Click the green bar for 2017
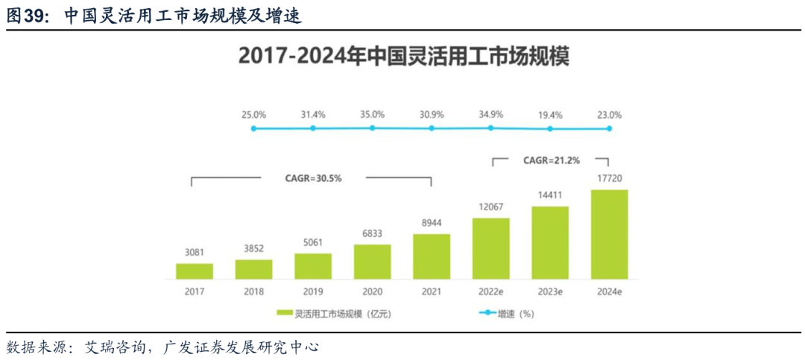[x=195, y=271]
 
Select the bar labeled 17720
[x=609, y=234]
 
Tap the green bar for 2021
[x=432, y=256]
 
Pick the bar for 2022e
[x=490, y=248]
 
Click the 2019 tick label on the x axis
[x=313, y=291]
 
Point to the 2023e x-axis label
[x=550, y=291]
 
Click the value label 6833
[x=372, y=234]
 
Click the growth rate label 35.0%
[x=372, y=115]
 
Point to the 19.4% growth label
[x=550, y=115]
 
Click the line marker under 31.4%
[x=313, y=128]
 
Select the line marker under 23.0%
[x=609, y=129]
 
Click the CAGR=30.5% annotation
[x=313, y=179]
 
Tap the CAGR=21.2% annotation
[x=551, y=160]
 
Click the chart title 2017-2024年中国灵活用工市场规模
[x=402, y=57]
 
